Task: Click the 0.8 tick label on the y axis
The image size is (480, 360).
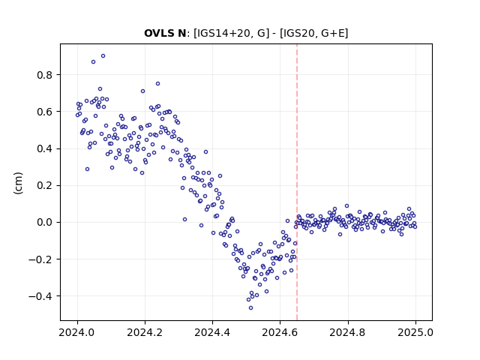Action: pyautogui.click(x=45, y=75)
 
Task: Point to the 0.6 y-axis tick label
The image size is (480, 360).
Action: pyautogui.click(x=45, y=112)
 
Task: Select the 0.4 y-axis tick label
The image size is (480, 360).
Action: pyautogui.click(x=45, y=148)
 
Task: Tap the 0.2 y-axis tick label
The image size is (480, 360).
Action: pyautogui.click(x=45, y=185)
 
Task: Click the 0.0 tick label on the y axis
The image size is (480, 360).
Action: pyautogui.click(x=45, y=222)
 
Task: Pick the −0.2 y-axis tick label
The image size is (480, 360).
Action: pyautogui.click(x=40, y=259)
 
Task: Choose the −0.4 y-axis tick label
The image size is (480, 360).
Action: pyautogui.click(x=40, y=296)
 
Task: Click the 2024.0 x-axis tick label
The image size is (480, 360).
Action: pyautogui.click(x=77, y=332)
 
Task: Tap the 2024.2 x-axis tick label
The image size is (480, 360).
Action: pyautogui.click(x=145, y=332)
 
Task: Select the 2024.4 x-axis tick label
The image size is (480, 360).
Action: pyautogui.click(x=212, y=332)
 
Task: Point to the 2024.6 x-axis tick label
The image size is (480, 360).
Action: pyautogui.click(x=280, y=332)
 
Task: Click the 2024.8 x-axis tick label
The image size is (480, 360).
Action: pyautogui.click(x=348, y=332)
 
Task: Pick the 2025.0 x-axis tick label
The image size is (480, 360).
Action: pyautogui.click(x=415, y=332)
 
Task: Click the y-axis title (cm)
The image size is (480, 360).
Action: pyautogui.click(x=18, y=183)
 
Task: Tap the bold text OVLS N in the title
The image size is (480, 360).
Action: pyautogui.click(x=165, y=33)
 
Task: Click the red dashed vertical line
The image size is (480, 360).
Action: pyautogui.click(x=297, y=182)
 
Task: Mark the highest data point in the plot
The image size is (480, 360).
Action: pyautogui.click(x=103, y=56)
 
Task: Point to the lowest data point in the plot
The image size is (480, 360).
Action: pyautogui.click(x=250, y=308)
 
